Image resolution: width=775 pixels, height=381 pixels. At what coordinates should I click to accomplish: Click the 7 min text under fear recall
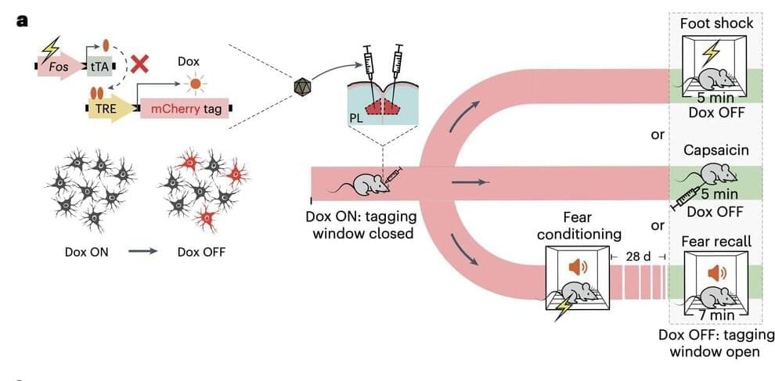[x=716, y=315]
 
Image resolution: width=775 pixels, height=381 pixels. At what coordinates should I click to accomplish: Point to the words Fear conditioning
[x=580, y=225]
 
